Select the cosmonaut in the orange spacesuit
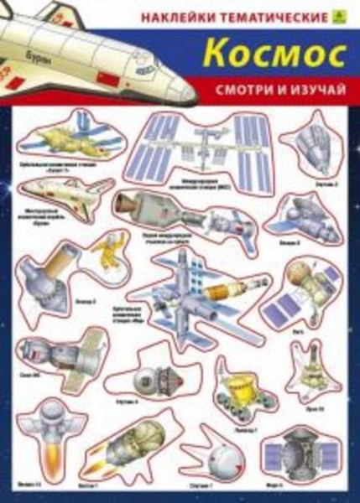tap(106, 250)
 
